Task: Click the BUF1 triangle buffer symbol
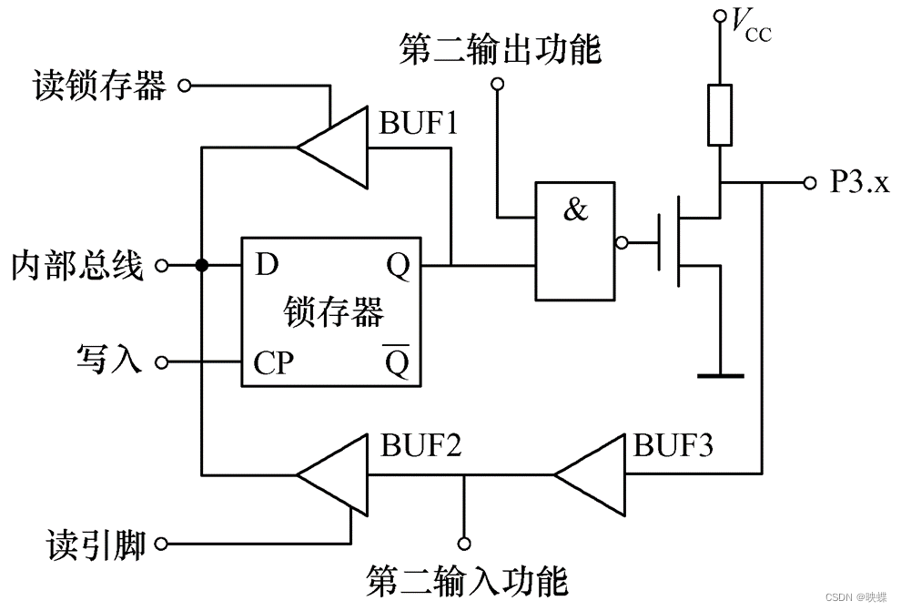[x=333, y=147]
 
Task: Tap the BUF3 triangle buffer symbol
[x=591, y=474]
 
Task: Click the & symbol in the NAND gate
[x=575, y=210]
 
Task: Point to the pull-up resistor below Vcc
[x=719, y=116]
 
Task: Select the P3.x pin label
[x=858, y=183]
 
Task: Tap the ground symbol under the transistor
[x=719, y=374]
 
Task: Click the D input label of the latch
[x=266, y=265]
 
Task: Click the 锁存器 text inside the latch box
[x=333, y=311]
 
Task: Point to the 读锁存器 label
[x=99, y=87]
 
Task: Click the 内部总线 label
[x=77, y=266]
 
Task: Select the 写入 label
[x=108, y=361]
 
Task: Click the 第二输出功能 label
[x=500, y=50]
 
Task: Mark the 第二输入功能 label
[x=467, y=579]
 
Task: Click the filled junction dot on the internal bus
[x=201, y=266]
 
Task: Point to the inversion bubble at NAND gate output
[x=621, y=243]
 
